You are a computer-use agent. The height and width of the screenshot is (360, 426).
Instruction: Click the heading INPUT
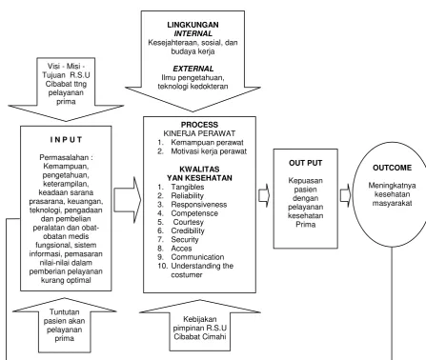tap(66, 140)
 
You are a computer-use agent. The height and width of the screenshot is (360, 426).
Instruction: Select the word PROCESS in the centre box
tap(199, 125)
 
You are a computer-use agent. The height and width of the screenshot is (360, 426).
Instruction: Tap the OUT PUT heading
tap(305, 163)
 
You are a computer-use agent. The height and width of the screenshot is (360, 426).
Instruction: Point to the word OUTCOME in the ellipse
tap(392, 168)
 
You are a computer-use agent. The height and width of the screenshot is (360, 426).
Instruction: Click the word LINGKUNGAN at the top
tap(193, 25)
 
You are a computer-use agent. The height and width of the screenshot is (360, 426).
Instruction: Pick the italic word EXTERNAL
tap(193, 69)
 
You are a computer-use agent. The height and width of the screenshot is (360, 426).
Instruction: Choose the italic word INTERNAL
tap(193, 33)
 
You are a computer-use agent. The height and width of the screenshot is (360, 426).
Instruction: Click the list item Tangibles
tap(188, 187)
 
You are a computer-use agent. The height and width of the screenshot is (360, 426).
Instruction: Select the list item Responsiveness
tap(199, 205)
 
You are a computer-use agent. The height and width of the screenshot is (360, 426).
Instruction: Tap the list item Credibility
tap(188, 230)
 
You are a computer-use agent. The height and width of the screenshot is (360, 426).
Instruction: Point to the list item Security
tap(185, 239)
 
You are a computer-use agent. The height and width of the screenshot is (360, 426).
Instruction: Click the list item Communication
tap(197, 257)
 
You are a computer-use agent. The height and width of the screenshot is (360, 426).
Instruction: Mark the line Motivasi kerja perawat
tap(209, 151)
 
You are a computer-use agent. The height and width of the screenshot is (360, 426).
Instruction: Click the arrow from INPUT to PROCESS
tap(128, 200)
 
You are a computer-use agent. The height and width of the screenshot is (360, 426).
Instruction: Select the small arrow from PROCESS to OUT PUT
tap(264, 195)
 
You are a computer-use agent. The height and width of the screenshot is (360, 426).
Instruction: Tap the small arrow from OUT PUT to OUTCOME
tap(346, 195)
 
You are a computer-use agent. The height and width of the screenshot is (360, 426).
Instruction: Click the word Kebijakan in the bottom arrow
tap(200, 319)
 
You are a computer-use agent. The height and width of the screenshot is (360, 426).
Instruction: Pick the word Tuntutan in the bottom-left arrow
tap(64, 311)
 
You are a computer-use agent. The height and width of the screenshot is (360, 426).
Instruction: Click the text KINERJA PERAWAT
tap(199, 133)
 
